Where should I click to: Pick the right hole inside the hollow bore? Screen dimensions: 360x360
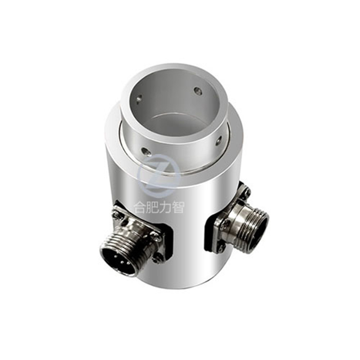(197, 91)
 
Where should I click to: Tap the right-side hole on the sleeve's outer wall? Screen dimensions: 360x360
(218, 141)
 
